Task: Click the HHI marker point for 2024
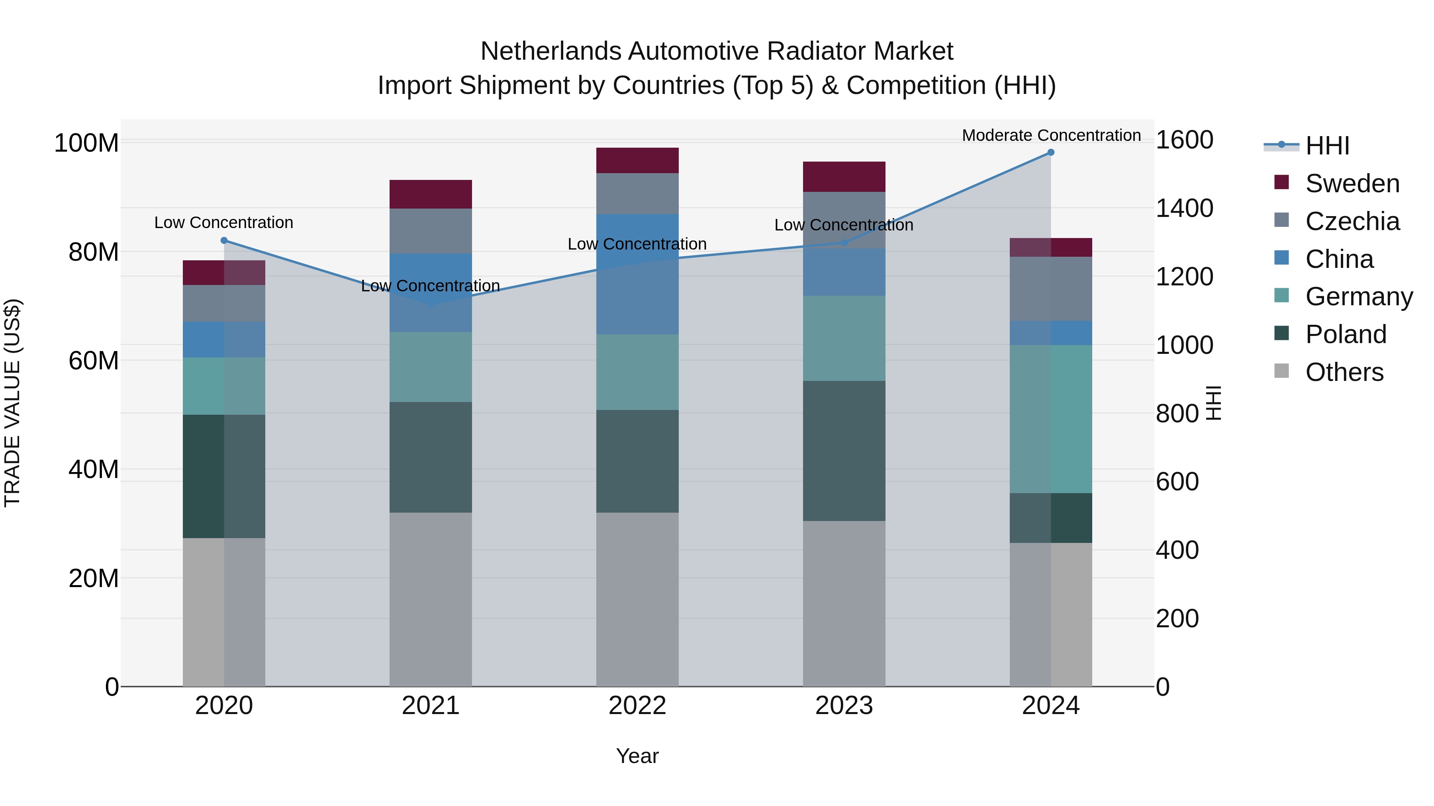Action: (1050, 152)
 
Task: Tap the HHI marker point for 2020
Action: (224, 240)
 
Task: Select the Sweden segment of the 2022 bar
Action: (637, 161)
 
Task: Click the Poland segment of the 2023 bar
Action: (844, 451)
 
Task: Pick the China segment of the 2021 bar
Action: (430, 293)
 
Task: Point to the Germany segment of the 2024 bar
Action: (1050, 419)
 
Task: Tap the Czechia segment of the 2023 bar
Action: (844, 220)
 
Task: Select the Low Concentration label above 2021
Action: (430, 286)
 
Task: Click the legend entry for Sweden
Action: (1352, 183)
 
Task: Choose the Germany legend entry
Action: (1358, 297)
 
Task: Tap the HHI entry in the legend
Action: (1327, 146)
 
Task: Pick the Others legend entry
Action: (1344, 372)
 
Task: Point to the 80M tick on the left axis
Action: (93, 252)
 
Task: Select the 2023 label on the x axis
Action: (844, 706)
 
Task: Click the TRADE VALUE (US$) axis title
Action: (12, 403)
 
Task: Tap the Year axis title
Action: (637, 756)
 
